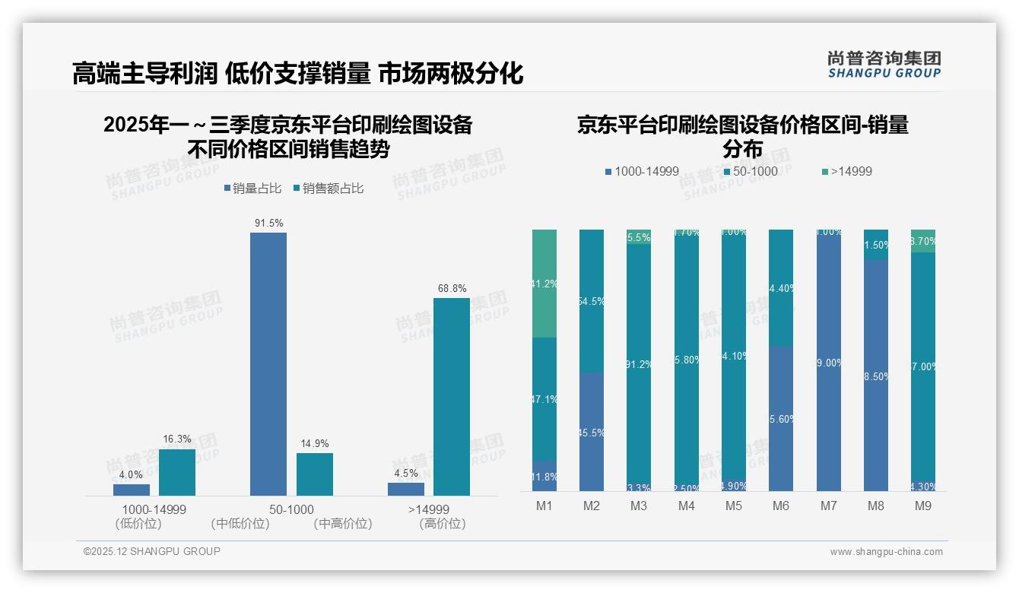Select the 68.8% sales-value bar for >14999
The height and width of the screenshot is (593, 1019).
click(x=452, y=396)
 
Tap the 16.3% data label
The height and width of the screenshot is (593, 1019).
click(x=177, y=439)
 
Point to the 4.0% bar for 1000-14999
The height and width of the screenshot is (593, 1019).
click(x=132, y=490)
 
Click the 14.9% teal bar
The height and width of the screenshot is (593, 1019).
click(x=315, y=474)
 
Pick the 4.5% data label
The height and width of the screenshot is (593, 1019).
click(x=406, y=473)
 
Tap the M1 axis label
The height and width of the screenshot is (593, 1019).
click(x=544, y=506)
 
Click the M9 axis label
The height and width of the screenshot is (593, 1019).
click(x=923, y=506)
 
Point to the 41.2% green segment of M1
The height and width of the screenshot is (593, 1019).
click(x=544, y=284)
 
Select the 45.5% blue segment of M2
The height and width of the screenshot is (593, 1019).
click(x=592, y=432)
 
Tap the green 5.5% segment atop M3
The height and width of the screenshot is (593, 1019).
click(x=639, y=236)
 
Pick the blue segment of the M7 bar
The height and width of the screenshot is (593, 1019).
click(x=829, y=363)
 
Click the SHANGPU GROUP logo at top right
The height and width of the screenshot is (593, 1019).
click(x=884, y=65)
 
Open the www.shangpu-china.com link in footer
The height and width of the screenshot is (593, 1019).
click(x=886, y=552)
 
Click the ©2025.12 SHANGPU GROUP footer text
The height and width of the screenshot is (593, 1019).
click(x=152, y=551)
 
